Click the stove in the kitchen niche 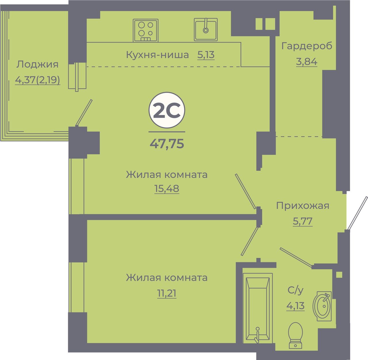click(x=145, y=30)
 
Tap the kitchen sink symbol click(x=206, y=30)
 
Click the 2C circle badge click(x=167, y=110)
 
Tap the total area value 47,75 click(x=167, y=143)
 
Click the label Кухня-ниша click(x=157, y=55)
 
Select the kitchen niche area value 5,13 click(x=206, y=55)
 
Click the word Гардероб click(x=306, y=46)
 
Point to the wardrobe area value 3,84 click(x=306, y=62)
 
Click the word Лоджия click(x=37, y=64)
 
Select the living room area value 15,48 click(x=167, y=188)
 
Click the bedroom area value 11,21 click(x=167, y=293)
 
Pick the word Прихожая click(x=302, y=206)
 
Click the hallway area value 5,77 click(x=302, y=221)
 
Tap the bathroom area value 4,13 click(x=295, y=306)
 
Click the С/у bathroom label click(x=295, y=290)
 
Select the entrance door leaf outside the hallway click(x=357, y=212)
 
